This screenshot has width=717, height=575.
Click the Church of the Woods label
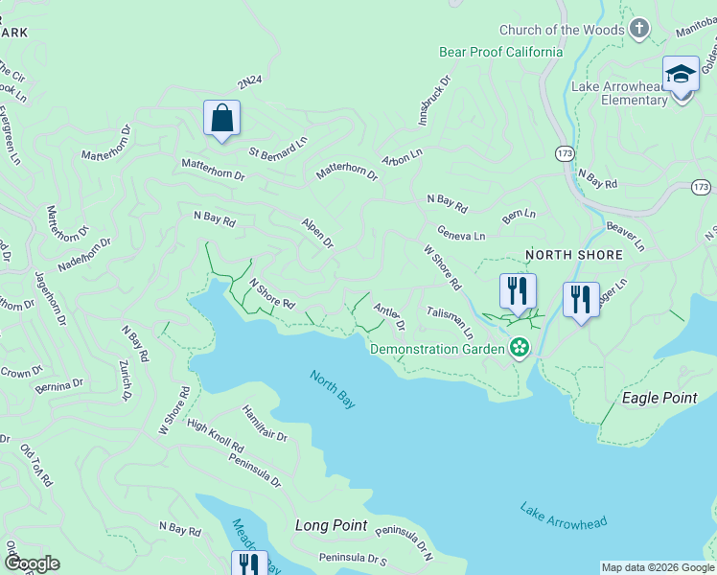[561, 30]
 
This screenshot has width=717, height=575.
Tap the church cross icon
[639, 29]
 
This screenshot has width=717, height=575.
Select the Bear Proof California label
[500, 52]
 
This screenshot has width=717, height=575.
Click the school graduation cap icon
[681, 74]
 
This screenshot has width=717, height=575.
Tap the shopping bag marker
[221, 119]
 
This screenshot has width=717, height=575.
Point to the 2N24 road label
[249, 84]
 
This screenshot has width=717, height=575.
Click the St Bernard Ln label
[278, 146]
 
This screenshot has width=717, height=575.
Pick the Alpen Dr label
[317, 232]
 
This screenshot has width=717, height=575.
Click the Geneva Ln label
[461, 234]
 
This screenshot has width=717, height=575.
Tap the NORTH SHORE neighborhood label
[574, 255]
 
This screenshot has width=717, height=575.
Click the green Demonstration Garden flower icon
[519, 347]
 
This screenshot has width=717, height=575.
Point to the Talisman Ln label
[451, 323]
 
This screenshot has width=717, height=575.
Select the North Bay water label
[333, 389]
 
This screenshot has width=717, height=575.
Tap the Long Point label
[331, 525]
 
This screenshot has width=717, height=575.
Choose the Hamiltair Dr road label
[265, 423]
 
